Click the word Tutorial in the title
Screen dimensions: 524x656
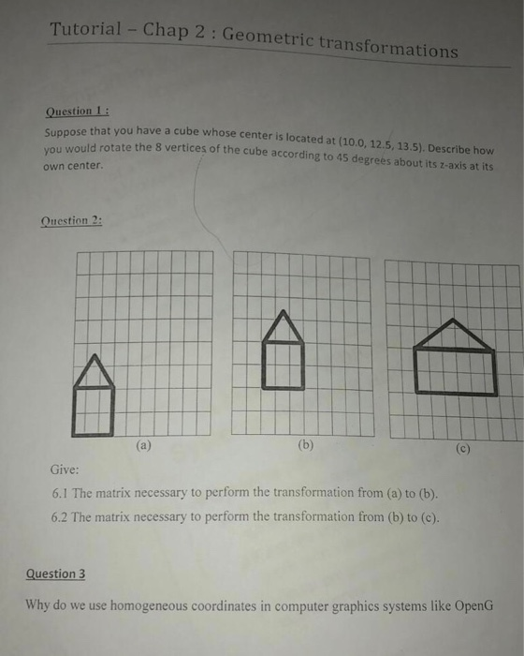tap(87, 27)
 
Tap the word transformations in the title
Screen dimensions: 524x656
tap(390, 46)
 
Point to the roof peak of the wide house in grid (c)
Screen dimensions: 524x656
tap(455, 321)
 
